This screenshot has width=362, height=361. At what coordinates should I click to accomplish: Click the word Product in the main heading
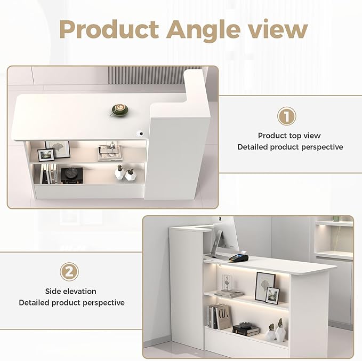pyautogui.click(x=109, y=29)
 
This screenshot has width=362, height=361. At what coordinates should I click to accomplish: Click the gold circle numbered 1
pyautogui.click(x=286, y=116)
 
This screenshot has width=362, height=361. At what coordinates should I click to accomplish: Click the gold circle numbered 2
pyautogui.click(x=69, y=272)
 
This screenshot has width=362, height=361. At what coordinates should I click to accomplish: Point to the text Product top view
pyautogui.click(x=289, y=136)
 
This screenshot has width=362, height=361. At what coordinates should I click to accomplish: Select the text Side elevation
pyautogui.click(x=71, y=291)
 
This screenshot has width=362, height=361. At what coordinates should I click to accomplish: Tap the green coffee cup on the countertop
pyautogui.click(x=119, y=110)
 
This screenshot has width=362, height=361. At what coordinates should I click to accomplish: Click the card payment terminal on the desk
pyautogui.click(x=239, y=257)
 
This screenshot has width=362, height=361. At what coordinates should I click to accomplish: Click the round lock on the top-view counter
pyautogui.click(x=141, y=134)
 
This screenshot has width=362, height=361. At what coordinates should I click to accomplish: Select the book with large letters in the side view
pyautogui.click(x=223, y=317)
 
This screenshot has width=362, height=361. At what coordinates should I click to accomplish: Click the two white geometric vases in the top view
pyautogui.click(x=125, y=173)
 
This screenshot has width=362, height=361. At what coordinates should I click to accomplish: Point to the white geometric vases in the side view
pyautogui.click(x=276, y=330)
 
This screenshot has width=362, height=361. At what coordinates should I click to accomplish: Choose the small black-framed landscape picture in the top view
pyautogui.click(x=46, y=155)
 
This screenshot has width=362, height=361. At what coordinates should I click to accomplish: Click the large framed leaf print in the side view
pyautogui.click(x=264, y=287)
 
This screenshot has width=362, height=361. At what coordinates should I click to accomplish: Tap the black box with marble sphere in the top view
pyautogui.click(x=72, y=176)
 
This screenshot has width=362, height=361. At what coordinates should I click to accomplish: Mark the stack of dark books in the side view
pyautogui.click(x=246, y=329)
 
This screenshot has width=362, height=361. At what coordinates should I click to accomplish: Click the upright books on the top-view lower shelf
pyautogui.click(x=48, y=174)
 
